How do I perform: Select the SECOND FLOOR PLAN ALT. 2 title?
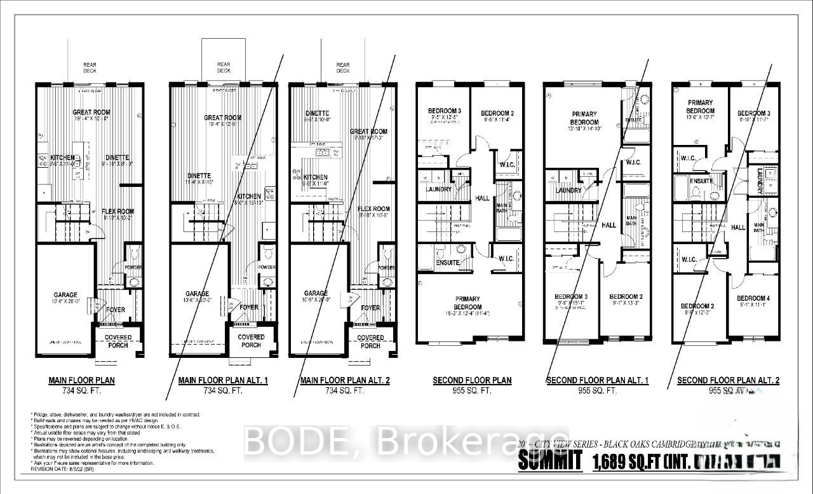pos(728,381)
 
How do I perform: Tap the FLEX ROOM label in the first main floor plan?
pos(118,212)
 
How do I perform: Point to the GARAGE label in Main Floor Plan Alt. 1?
pos(197,294)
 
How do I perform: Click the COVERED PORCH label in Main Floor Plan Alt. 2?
pos(370,341)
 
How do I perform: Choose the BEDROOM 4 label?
pos(753,298)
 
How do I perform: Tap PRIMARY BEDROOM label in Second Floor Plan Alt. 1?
pos(584,118)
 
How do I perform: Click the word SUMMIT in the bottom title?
pos(549,461)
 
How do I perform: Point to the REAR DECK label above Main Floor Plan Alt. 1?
pos(224,67)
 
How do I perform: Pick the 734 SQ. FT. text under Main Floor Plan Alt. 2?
pos(344,391)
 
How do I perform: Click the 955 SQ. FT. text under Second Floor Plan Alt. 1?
pos(597,391)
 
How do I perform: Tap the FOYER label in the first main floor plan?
pos(116,310)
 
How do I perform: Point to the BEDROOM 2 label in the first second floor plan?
pos(497,113)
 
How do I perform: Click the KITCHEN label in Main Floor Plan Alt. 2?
pos(315,177)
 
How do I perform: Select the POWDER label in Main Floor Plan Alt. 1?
pos(267,268)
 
